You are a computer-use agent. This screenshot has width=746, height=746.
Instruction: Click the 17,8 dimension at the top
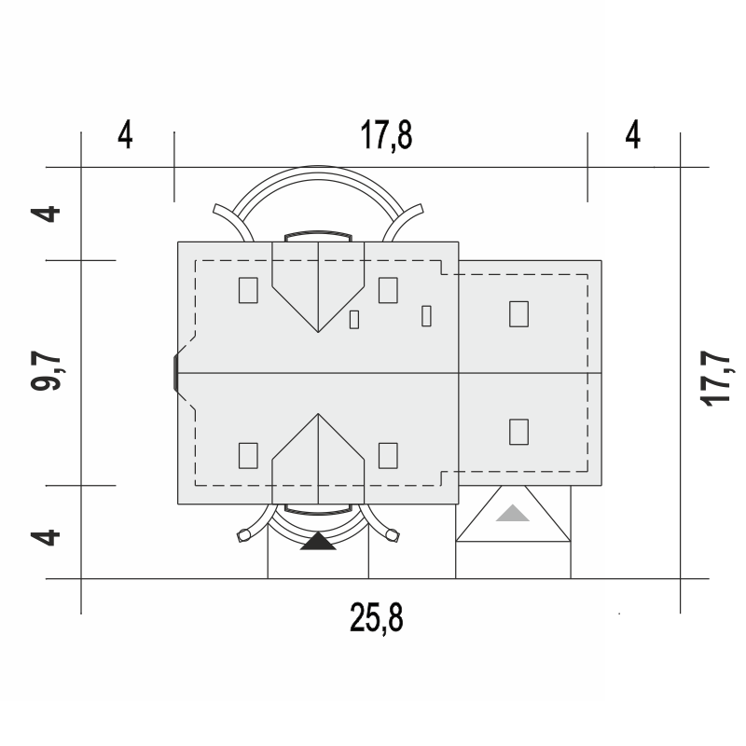coord(386,135)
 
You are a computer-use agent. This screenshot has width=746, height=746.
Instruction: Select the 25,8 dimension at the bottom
coord(377,617)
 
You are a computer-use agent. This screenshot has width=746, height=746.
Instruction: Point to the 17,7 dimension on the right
coord(715,379)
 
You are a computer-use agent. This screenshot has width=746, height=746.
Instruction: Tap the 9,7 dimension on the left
coord(46,371)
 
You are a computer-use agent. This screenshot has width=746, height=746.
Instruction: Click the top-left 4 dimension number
coord(125,135)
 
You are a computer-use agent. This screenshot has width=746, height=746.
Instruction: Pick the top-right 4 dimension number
coord(633,135)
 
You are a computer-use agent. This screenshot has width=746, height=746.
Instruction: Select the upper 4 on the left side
coord(46,214)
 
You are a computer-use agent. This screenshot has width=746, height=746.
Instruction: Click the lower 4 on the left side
coord(46,538)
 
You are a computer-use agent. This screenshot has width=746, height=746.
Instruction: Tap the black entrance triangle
coord(318,542)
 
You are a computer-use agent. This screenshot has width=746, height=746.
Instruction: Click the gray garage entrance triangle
coord(513,514)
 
